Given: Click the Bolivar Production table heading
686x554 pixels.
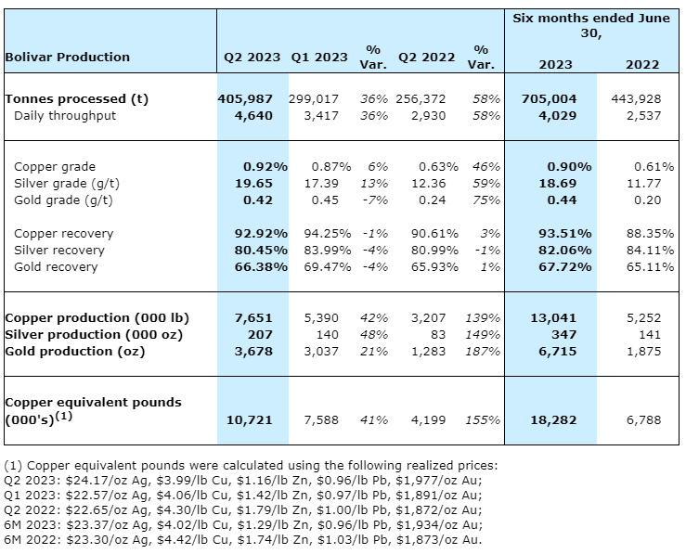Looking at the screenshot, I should point(68,57).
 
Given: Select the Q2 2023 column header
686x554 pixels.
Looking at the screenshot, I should point(252,57).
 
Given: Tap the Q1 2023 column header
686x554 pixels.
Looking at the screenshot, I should point(319,57).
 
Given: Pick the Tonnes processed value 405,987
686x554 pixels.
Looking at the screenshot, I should point(249,98).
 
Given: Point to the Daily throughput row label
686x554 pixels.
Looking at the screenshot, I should point(65,116).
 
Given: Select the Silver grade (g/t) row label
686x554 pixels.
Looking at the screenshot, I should point(63,183).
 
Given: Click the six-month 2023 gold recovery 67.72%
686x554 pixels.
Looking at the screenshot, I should point(569,266).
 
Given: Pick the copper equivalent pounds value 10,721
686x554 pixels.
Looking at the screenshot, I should point(249,419).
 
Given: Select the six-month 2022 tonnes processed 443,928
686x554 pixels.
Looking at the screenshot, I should point(637,98).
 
